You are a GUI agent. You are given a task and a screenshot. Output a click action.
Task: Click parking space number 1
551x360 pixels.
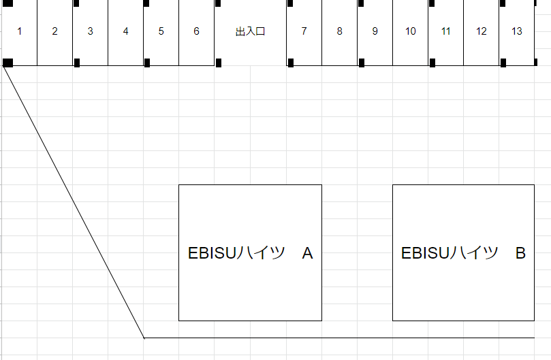[19, 32]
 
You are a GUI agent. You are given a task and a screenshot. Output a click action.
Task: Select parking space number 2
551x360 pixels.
[54, 32]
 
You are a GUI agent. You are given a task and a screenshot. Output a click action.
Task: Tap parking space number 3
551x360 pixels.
[90, 32]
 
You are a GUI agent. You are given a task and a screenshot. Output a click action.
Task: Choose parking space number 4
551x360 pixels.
[125, 32]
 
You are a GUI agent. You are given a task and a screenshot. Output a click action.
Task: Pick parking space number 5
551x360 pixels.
[161, 32]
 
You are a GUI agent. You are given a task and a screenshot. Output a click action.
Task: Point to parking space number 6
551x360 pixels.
[196, 32]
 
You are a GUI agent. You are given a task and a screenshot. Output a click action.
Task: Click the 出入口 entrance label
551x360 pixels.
[250, 32]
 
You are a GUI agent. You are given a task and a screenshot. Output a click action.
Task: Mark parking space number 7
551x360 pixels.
[304, 32]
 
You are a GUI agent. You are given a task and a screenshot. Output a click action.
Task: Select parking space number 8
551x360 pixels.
[339, 32]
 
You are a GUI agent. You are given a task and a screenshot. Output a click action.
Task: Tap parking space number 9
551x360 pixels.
[375, 32]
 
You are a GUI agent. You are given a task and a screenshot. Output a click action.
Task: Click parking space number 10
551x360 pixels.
[410, 32]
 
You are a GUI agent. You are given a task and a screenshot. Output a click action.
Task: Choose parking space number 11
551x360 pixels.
[445, 32]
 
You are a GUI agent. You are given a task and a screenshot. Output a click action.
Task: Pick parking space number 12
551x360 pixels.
[481, 32]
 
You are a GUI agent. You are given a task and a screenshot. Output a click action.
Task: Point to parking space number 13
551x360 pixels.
[517, 32]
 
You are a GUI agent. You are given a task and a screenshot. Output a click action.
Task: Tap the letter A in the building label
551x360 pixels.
[307, 254]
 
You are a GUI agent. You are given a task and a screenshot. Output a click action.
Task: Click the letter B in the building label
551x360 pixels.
[520, 254]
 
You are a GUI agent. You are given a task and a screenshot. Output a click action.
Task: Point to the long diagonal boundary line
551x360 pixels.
[74, 201]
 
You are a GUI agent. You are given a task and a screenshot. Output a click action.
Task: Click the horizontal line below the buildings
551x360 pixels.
[341, 338]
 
